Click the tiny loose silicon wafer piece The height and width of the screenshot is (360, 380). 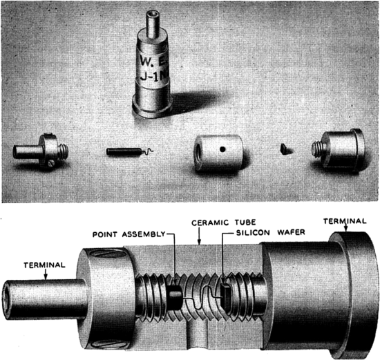point(285,147)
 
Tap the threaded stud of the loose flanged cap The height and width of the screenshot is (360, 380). point(320,147)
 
